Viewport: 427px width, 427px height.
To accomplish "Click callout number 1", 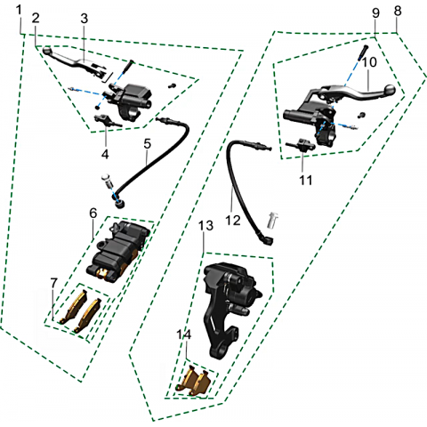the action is coord(19,10).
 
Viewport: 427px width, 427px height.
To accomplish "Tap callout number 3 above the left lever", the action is coord(85,19).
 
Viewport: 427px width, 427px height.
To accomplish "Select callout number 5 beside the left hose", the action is coord(148,143).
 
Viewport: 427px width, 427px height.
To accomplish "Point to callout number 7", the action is coord(53,283).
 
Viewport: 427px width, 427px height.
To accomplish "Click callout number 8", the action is coord(398,11).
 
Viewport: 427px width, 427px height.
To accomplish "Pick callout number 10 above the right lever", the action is coord(369,62).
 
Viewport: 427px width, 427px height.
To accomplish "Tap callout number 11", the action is coord(306,180).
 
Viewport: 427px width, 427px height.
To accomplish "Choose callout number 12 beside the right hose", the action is coord(233,221).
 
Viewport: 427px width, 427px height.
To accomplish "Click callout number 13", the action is coord(205,225).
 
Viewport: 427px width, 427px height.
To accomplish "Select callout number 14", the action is coord(184,334).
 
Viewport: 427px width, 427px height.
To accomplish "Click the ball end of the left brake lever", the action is coord(47,51).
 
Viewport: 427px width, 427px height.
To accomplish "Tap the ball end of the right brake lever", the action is coord(390,90).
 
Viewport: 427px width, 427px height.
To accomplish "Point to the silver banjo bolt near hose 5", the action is coord(107,181).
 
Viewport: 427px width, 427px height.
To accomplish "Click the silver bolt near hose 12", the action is coord(273,220).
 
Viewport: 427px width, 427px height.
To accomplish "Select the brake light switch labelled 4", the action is coord(108,121).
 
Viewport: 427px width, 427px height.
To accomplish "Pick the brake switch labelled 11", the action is coord(300,144).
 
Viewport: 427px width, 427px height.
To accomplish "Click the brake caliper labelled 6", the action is coord(117,253).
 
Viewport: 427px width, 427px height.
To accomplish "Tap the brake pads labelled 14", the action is coord(193,381).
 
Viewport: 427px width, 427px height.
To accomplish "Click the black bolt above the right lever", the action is coord(363,52).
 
